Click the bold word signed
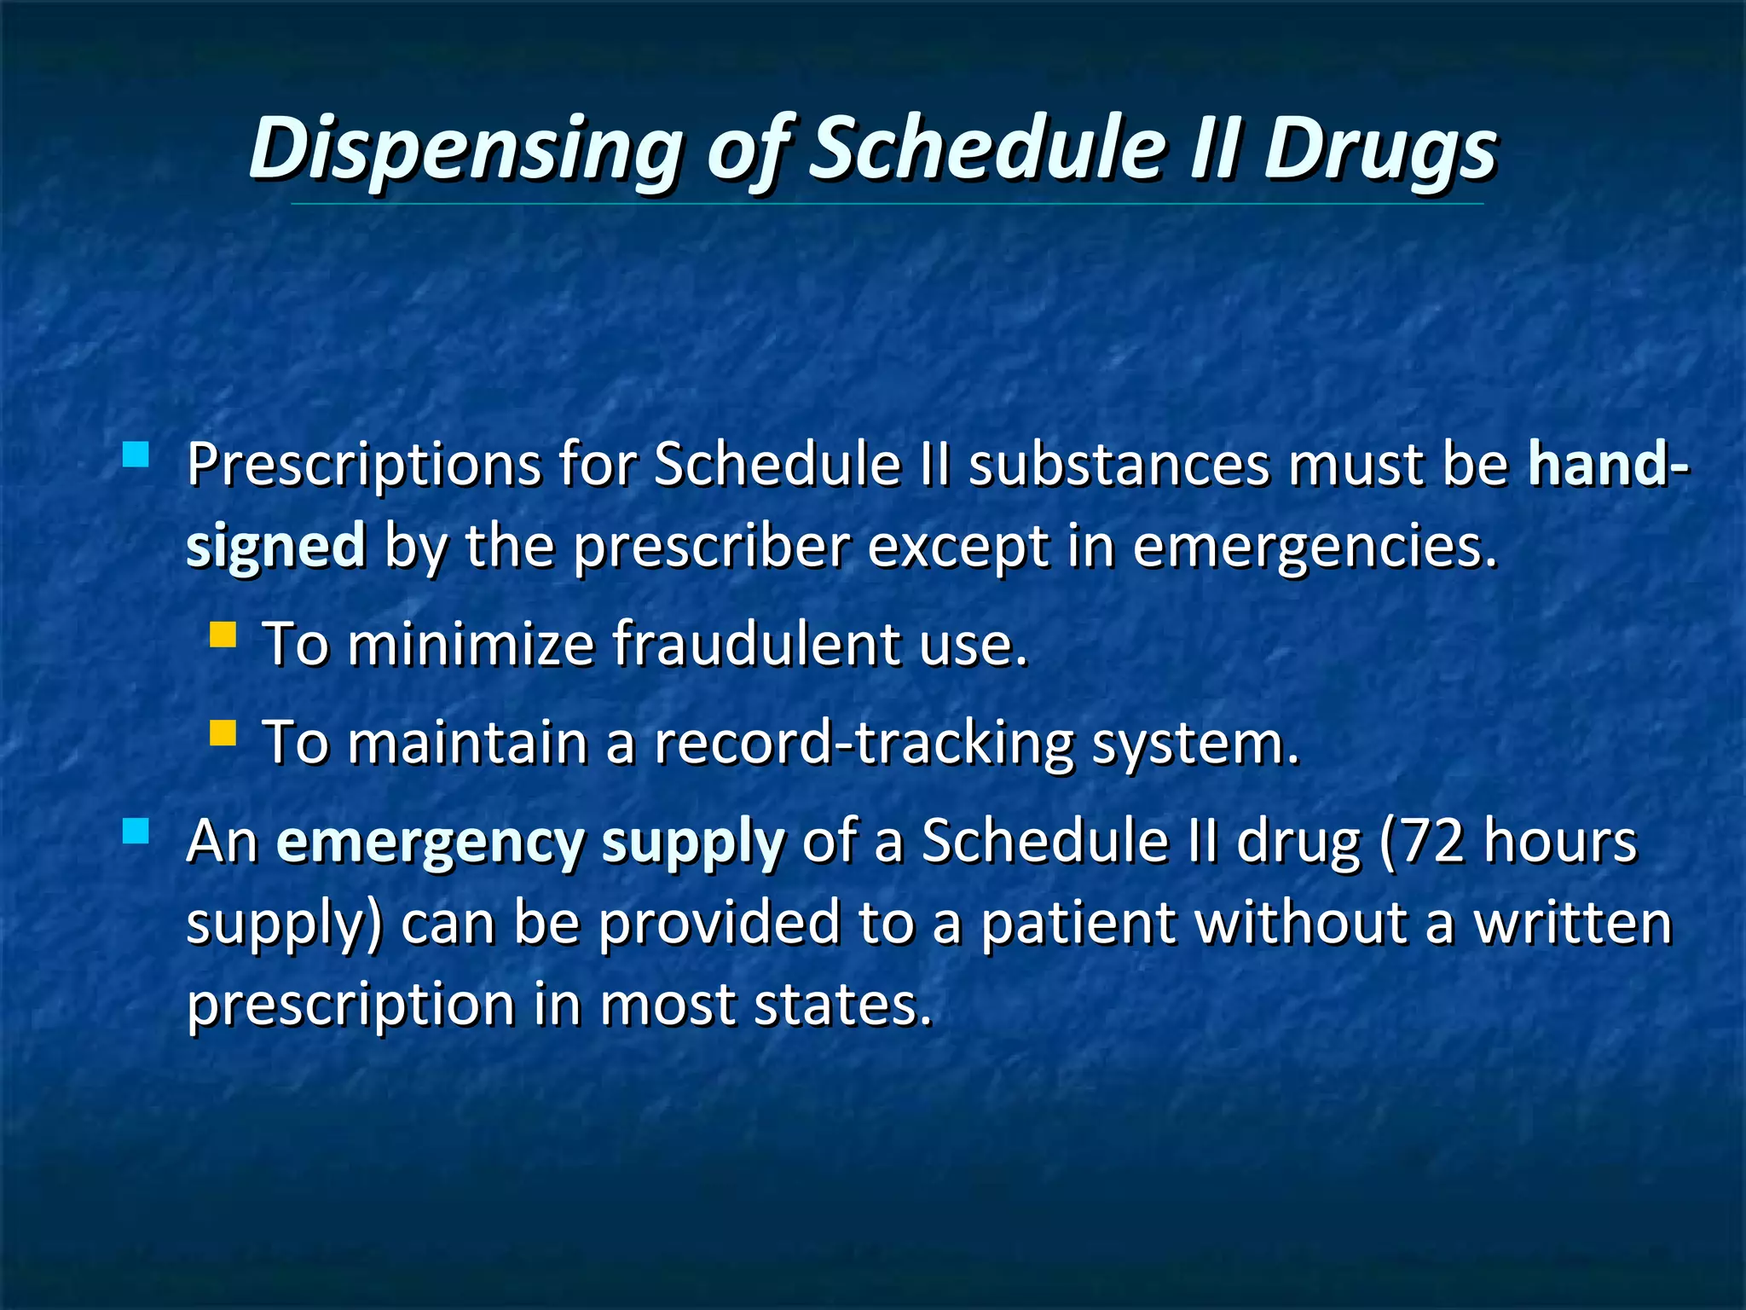[x=275, y=547]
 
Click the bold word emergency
[x=431, y=843]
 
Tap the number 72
[x=1433, y=843]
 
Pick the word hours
[x=1560, y=843]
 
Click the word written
[x=1573, y=924]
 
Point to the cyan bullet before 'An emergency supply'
[x=136, y=832]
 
